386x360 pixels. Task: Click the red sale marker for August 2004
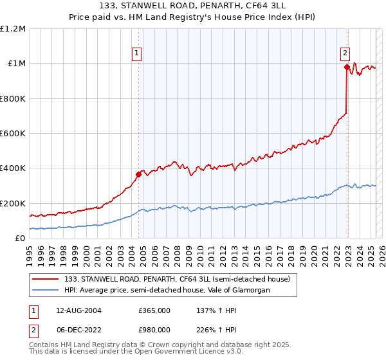pos(138,174)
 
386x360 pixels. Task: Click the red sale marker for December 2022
pos(347,67)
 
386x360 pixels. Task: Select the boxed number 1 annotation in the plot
pos(137,53)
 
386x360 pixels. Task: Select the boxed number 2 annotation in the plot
pos(345,53)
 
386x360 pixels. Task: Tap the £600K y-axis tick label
pos(13,134)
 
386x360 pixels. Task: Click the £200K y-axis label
pos(13,203)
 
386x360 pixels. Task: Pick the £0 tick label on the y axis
pos(20,239)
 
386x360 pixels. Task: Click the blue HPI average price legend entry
pos(167,290)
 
